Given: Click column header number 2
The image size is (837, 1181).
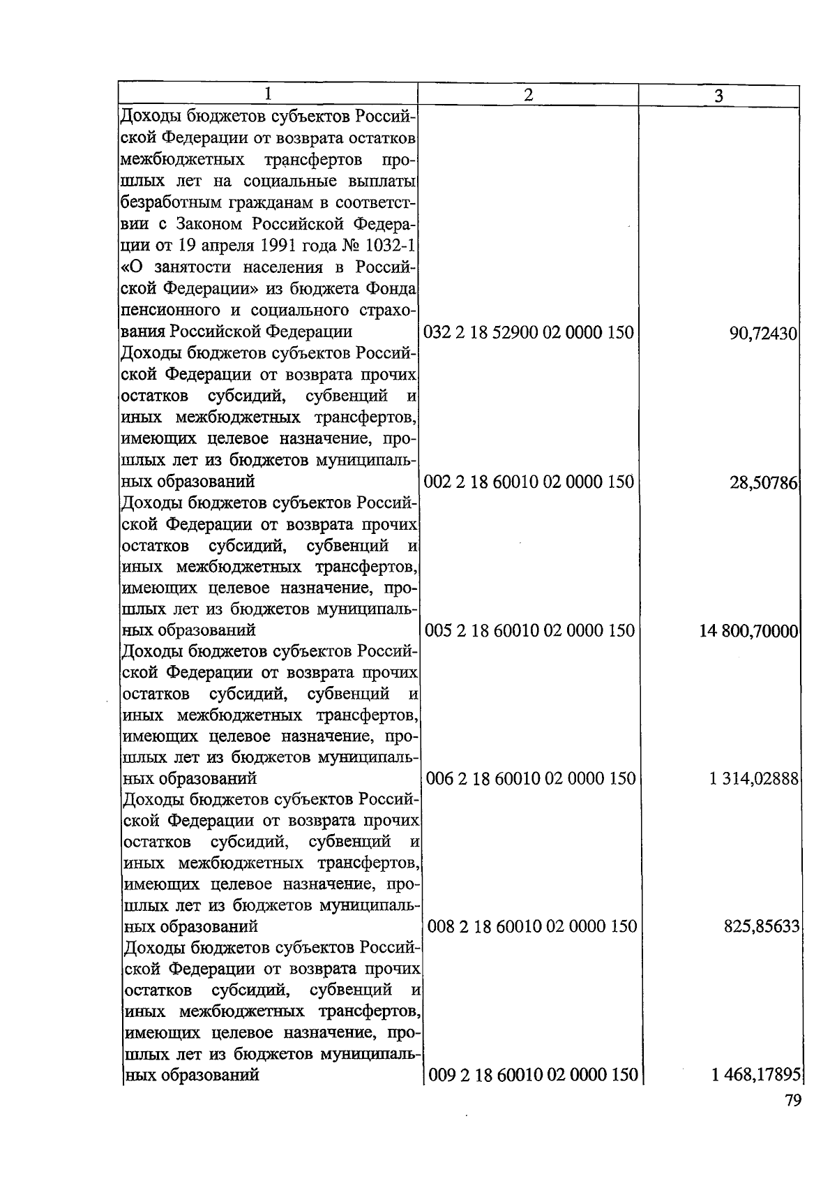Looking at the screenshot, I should [528, 95].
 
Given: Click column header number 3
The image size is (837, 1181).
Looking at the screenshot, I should [718, 96].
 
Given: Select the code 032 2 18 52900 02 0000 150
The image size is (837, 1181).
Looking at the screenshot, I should [529, 332].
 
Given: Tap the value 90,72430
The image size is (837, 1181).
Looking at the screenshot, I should [763, 334].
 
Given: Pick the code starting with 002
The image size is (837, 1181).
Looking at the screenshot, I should [529, 482].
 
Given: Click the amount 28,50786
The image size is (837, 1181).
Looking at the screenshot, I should [763, 482].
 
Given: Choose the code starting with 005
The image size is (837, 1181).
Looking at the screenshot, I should [530, 630].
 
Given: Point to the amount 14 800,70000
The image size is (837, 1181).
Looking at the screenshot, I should [749, 631].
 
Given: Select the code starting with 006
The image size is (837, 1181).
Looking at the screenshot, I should [531, 778].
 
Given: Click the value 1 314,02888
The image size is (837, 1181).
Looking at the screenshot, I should [754, 779].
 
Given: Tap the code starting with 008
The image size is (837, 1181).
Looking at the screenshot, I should [531, 926].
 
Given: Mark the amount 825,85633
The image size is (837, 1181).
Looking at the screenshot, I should [760, 927].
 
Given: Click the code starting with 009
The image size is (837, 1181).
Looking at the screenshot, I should [532, 1075].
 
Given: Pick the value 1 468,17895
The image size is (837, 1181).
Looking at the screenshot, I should [755, 1076].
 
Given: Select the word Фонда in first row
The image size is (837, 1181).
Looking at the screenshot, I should [393, 289].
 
